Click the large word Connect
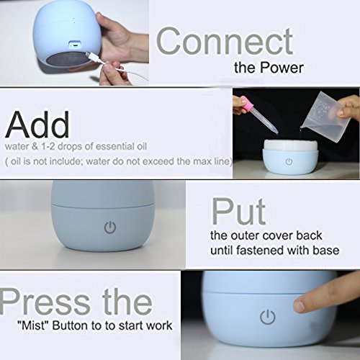[x=225, y=41]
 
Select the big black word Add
[x=37, y=125]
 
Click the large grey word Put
[x=238, y=211]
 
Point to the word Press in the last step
[x=45, y=301]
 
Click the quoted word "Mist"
[x=34, y=325]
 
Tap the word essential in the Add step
[x=115, y=146]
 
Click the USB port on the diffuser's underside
[x=74, y=45]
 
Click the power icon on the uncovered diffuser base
[x=289, y=161]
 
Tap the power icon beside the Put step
[x=110, y=227]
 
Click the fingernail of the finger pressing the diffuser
[x=300, y=306]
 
